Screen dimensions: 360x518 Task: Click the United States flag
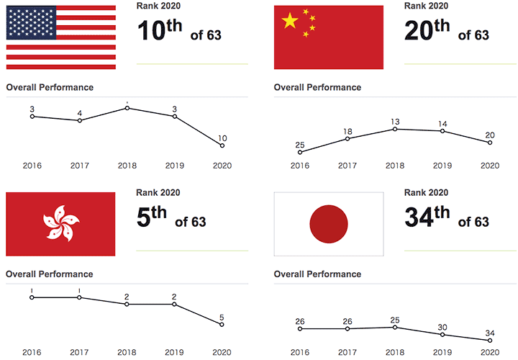click(x=60, y=37)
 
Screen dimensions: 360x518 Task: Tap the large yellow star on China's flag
click(x=290, y=22)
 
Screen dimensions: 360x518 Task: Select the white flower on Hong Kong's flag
click(x=60, y=223)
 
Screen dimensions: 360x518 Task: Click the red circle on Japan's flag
click(x=329, y=224)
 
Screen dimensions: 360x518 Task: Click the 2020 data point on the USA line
click(x=222, y=145)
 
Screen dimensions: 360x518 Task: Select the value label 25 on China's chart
click(x=300, y=145)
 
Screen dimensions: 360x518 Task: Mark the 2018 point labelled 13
click(x=395, y=129)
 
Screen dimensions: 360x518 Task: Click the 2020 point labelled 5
click(x=222, y=324)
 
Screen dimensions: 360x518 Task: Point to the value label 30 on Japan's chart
click(x=442, y=326)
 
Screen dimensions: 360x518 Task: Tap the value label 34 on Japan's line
click(x=490, y=332)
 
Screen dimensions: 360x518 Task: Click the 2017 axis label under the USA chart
click(x=79, y=165)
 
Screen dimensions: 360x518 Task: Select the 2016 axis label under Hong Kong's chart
click(x=32, y=352)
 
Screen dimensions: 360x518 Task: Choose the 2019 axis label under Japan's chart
click(x=442, y=352)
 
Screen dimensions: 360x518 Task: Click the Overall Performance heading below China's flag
click(x=317, y=88)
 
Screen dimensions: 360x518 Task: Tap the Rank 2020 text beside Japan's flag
click(x=426, y=192)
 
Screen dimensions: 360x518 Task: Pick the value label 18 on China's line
click(x=347, y=131)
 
